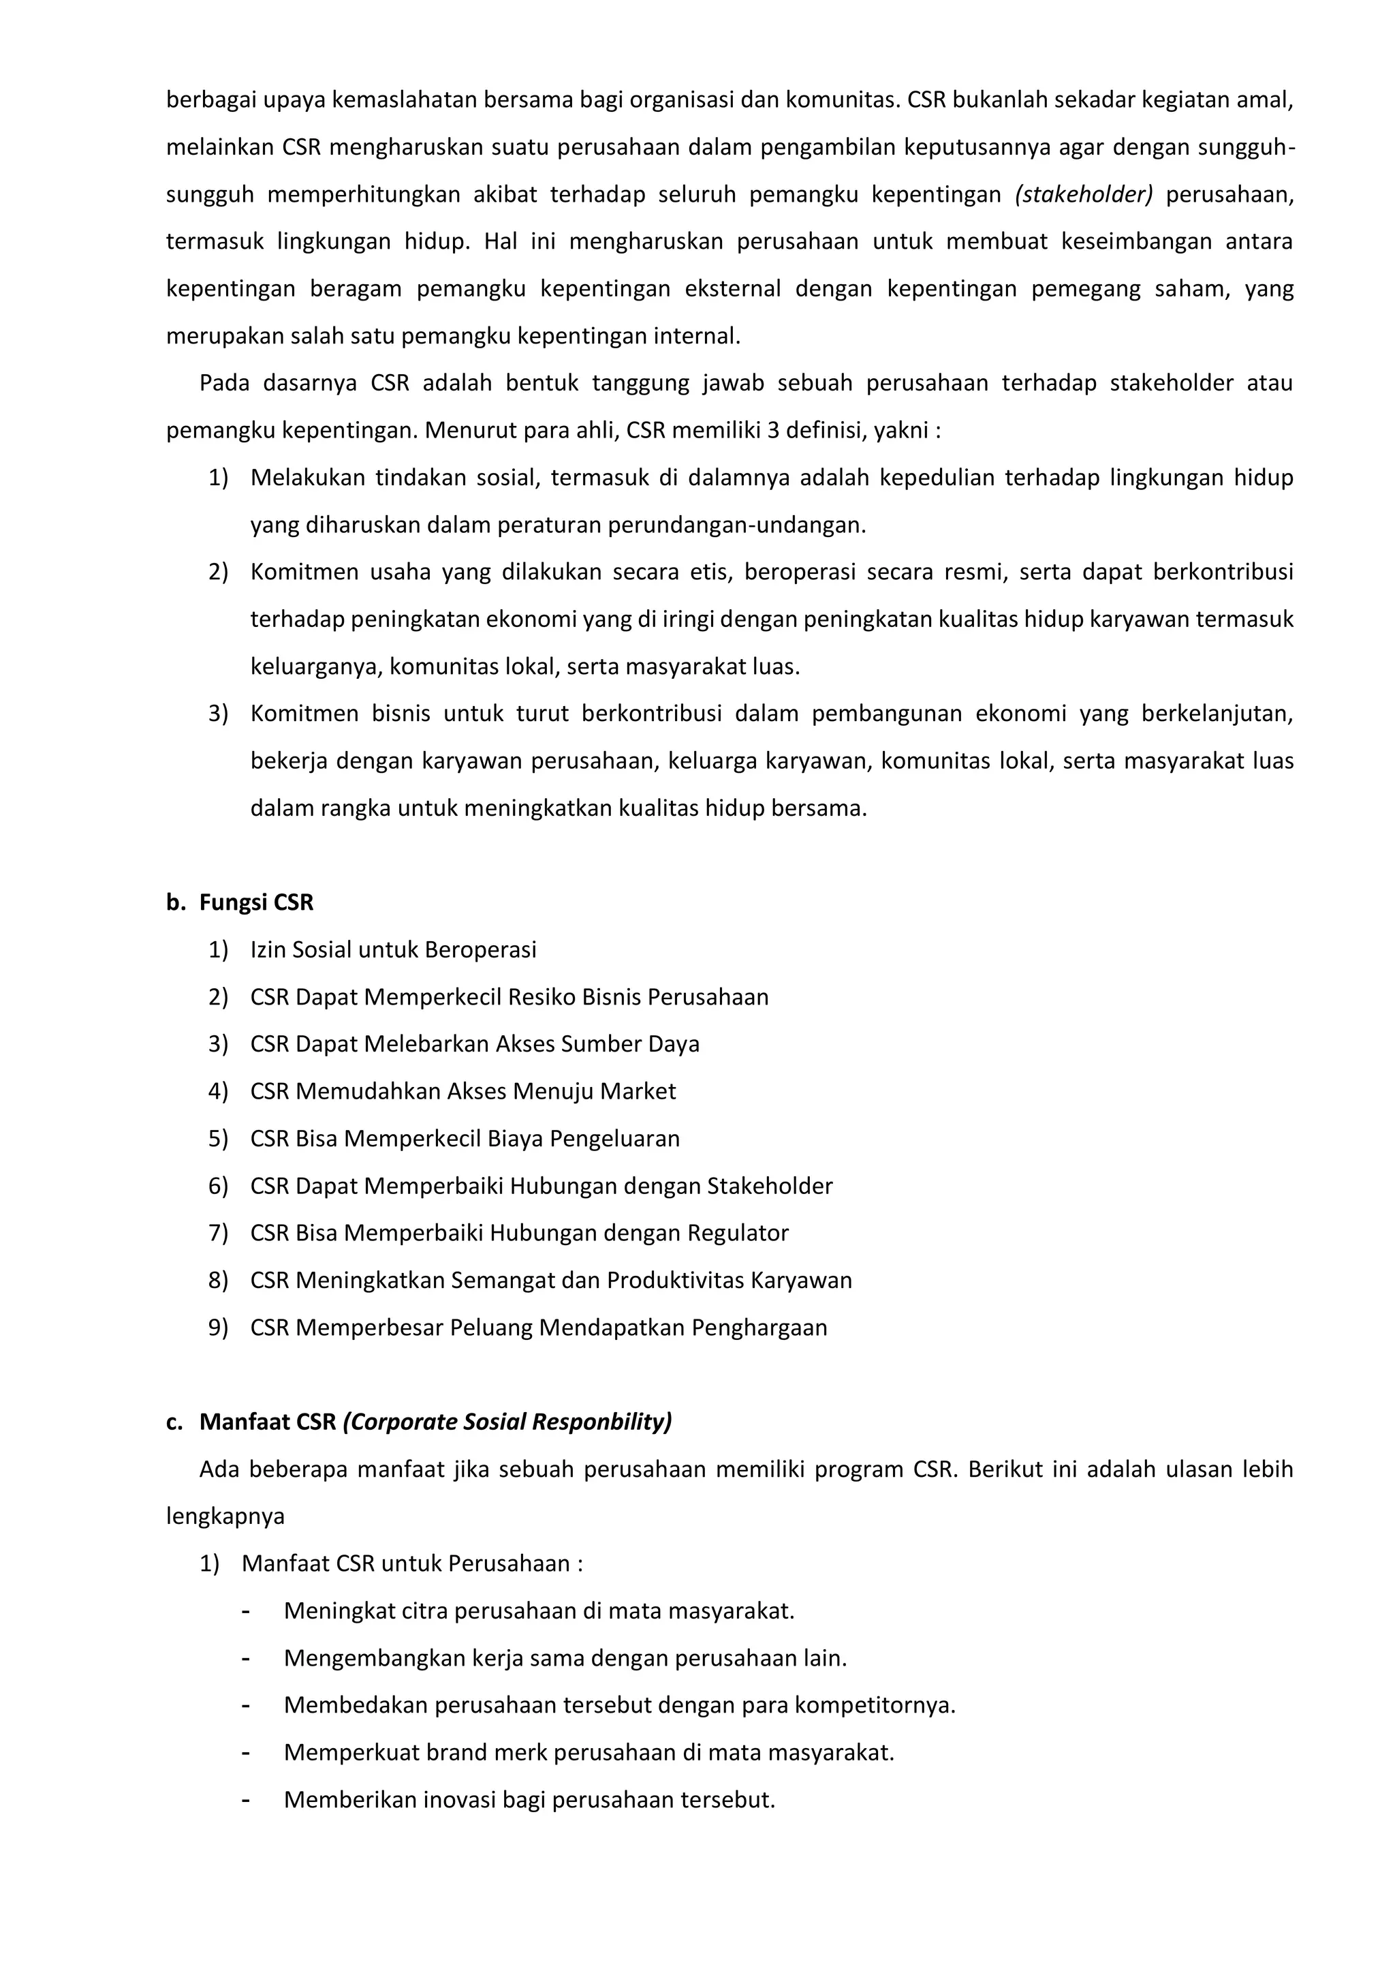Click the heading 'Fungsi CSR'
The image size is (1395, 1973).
pos(256,902)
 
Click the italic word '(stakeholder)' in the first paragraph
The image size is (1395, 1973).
pos(1083,195)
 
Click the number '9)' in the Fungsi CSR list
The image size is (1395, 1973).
pos(218,1328)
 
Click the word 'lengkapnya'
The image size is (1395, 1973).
pos(225,1516)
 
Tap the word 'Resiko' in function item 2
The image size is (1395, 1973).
pos(541,997)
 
